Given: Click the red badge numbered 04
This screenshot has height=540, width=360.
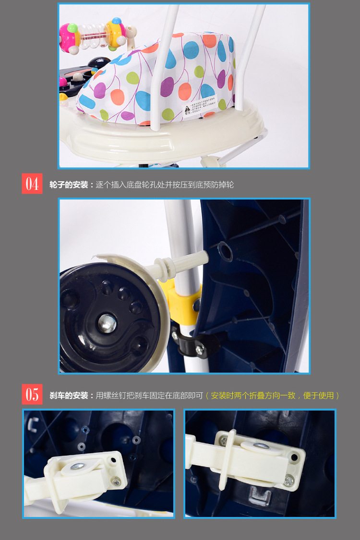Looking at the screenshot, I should coord(32,184).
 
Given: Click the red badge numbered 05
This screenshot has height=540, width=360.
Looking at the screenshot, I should coord(32,395).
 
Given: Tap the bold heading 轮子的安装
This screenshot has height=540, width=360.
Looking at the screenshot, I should coord(69,185).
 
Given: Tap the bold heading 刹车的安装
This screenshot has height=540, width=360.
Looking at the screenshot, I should coord(69,396).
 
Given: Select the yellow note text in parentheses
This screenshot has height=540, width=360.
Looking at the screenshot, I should coord(273,396).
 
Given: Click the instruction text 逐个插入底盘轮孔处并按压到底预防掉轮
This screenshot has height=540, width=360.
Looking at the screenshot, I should coord(165,185).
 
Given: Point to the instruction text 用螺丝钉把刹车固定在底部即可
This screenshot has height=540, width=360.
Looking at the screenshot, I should coord(150,396).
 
